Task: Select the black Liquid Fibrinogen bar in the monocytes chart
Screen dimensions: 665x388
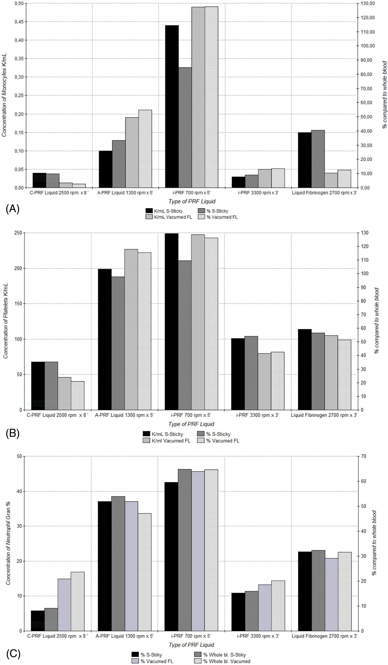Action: click(304, 160)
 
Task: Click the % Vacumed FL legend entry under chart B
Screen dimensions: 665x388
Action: click(222, 441)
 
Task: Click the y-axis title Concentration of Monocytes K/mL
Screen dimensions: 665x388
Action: click(4, 96)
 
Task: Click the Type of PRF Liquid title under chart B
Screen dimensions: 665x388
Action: click(191, 424)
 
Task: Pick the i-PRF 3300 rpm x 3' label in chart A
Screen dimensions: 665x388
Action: click(258, 193)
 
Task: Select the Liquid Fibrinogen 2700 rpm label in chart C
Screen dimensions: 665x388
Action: click(324, 636)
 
